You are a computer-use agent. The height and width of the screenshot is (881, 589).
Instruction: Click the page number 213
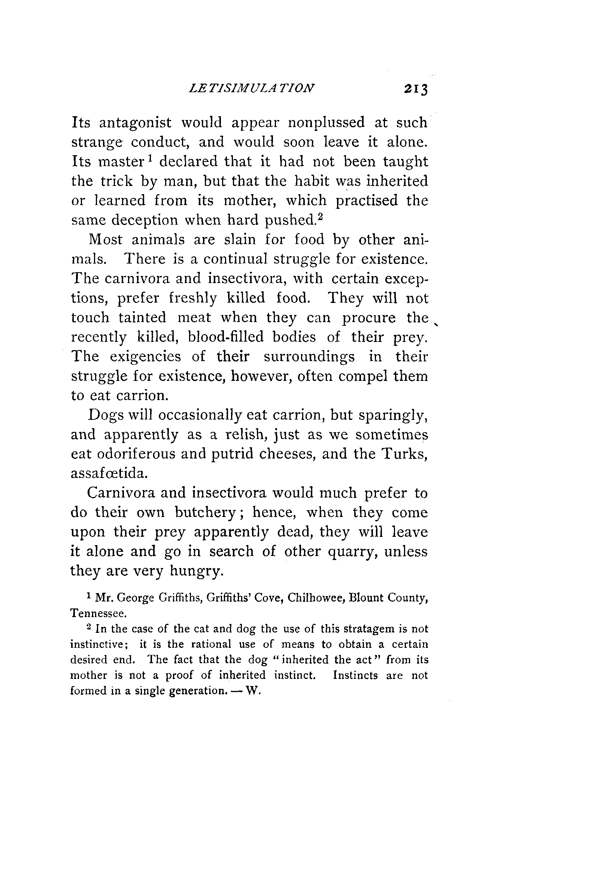point(416,90)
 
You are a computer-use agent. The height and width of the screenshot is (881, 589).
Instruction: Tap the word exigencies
point(145,357)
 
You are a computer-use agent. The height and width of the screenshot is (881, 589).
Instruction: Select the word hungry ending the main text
point(197,571)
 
